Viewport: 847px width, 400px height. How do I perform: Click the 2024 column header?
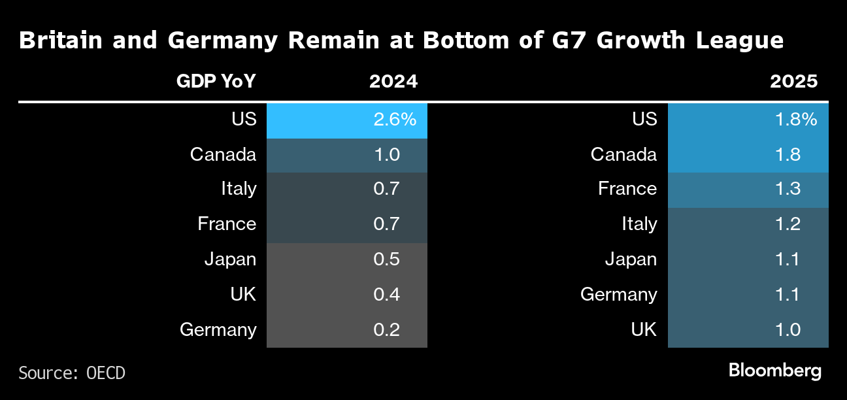(x=393, y=82)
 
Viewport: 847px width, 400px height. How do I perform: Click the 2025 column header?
(x=793, y=82)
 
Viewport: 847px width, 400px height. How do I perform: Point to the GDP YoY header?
(x=216, y=82)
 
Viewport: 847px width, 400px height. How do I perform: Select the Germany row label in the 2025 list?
(x=618, y=295)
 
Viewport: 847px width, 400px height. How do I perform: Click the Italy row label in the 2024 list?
(x=239, y=190)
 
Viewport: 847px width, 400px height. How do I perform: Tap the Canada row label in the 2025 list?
(x=623, y=155)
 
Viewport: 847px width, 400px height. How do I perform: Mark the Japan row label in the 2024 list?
(x=230, y=259)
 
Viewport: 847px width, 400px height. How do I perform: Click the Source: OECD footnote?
(x=72, y=373)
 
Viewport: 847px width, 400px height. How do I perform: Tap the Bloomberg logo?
(x=774, y=371)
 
